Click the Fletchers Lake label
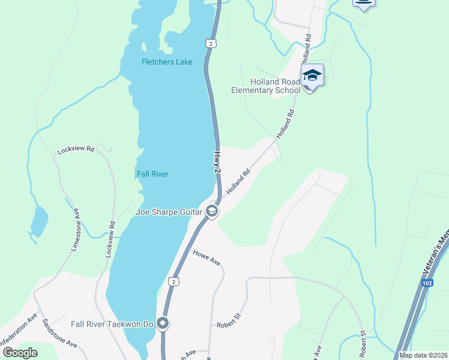(x=167, y=62)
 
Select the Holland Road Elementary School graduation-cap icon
(x=312, y=76)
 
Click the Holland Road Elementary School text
(x=266, y=86)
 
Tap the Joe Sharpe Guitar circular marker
(x=211, y=211)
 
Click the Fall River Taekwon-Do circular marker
(x=163, y=324)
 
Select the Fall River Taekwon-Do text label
(x=112, y=324)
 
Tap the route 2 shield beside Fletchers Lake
(x=209, y=43)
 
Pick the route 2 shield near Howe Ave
(x=173, y=281)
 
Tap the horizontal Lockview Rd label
(x=76, y=149)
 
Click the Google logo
(x=20, y=353)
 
